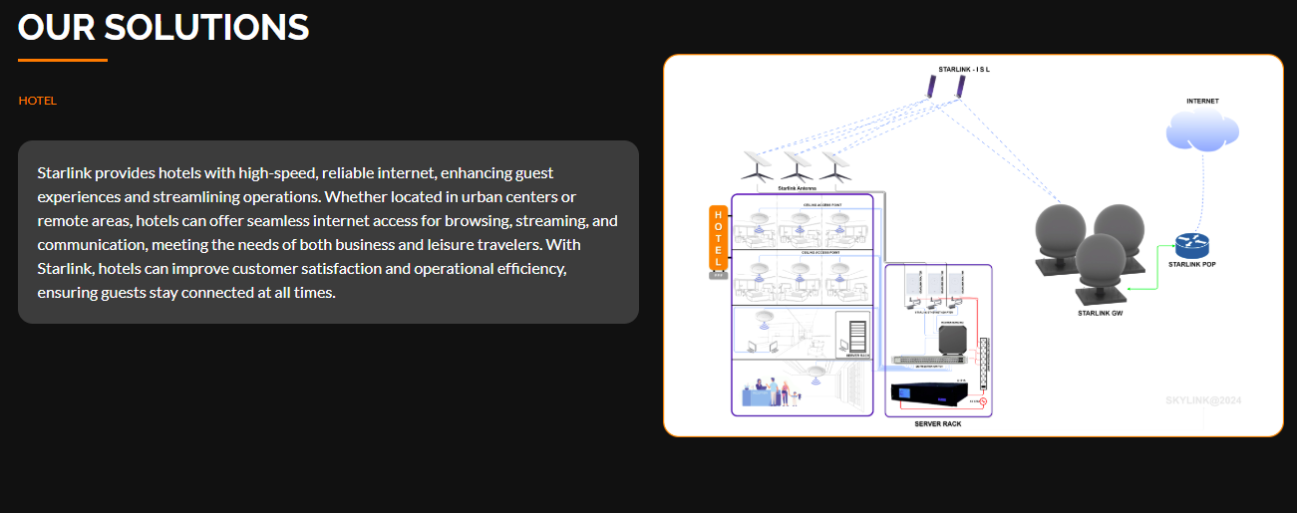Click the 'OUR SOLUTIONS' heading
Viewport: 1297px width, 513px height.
click(163, 27)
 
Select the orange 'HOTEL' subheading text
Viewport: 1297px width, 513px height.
click(38, 101)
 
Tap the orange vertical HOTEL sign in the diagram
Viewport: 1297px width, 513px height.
click(718, 238)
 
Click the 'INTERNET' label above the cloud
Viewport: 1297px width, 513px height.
click(1202, 102)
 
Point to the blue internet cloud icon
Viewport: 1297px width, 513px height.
click(1202, 130)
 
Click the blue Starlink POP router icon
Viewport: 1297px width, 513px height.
click(1190, 244)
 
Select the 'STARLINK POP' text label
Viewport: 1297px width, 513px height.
click(1191, 265)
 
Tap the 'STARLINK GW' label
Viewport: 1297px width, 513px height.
click(1101, 314)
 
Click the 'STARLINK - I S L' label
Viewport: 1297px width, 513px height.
click(964, 70)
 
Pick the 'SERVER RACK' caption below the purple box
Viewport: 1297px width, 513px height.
click(938, 424)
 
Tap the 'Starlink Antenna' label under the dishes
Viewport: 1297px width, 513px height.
click(797, 187)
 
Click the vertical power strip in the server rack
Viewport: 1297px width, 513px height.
click(986, 365)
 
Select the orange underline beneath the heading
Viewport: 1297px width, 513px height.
click(63, 61)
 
